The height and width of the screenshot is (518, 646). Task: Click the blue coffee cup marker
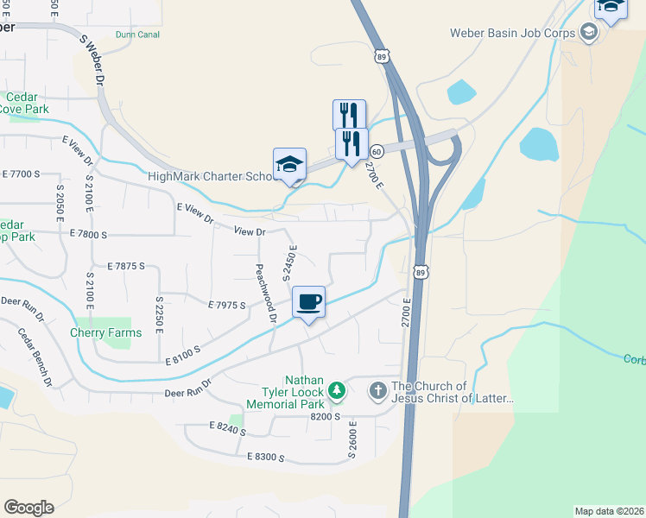(x=308, y=302)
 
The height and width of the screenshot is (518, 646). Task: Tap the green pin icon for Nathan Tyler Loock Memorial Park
(x=337, y=391)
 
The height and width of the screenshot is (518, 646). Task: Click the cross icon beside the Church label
(x=377, y=391)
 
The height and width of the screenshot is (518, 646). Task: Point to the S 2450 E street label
(x=290, y=262)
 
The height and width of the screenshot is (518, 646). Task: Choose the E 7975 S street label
(x=227, y=305)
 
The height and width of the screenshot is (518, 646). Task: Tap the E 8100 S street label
(x=182, y=350)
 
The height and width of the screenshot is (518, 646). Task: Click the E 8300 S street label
(x=265, y=457)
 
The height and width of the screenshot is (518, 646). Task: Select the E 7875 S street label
(x=126, y=266)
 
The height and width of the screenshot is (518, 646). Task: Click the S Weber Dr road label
(x=92, y=60)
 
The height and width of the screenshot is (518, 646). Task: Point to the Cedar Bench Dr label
(x=35, y=357)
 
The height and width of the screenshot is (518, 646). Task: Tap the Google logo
(x=28, y=508)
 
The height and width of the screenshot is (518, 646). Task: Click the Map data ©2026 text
(x=609, y=511)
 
